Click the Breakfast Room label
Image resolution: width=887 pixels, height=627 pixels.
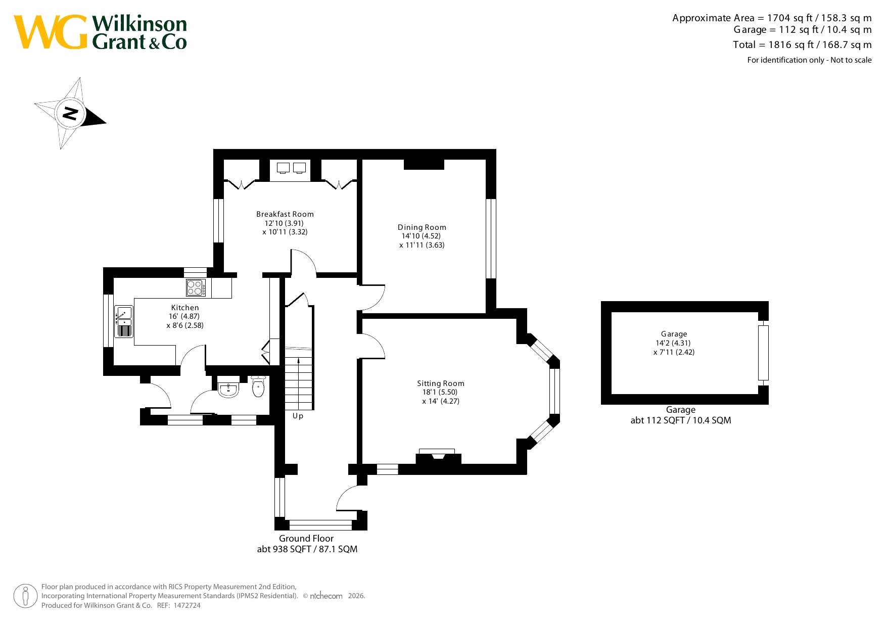(x=285, y=214)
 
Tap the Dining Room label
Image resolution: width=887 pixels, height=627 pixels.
(x=422, y=227)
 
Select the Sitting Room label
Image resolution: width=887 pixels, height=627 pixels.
(x=441, y=383)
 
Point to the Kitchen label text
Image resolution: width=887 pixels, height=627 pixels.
(x=185, y=308)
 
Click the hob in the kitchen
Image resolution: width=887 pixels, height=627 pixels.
(x=196, y=287)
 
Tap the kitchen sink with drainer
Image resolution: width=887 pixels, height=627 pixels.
(x=124, y=321)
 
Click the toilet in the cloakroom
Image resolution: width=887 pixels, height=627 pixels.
(x=258, y=387)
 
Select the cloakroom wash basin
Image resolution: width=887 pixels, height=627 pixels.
(x=228, y=389)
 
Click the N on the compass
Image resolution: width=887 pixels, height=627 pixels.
(x=71, y=113)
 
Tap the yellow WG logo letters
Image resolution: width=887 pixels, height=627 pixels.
(x=51, y=32)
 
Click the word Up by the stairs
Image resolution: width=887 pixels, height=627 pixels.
(x=298, y=416)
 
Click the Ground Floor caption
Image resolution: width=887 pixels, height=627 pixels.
(x=306, y=539)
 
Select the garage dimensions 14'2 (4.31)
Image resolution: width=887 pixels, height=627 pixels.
(x=673, y=343)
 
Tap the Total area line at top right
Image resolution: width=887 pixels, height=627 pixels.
(x=803, y=44)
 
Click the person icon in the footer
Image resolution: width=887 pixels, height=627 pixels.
(x=25, y=596)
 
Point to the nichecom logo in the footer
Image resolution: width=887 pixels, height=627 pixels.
(x=326, y=596)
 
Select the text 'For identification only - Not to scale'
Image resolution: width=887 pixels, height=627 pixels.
(x=809, y=60)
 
